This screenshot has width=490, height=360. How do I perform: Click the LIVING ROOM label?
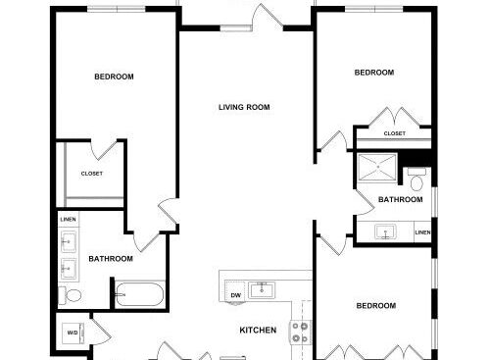tap(244, 107)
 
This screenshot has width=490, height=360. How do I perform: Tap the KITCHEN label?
tap(258, 330)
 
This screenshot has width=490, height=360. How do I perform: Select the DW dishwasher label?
tap(235, 295)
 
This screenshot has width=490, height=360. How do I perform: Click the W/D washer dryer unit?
tap(73, 334)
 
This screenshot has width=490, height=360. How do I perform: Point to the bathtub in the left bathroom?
tap(139, 294)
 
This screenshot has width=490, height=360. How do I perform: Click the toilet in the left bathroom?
tap(70, 295)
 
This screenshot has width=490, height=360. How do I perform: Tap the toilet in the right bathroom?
tap(416, 180)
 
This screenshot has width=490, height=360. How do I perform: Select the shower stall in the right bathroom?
tap(377, 167)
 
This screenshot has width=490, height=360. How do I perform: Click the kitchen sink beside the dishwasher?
tap(262, 290)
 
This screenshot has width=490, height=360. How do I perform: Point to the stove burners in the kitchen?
tap(300, 333)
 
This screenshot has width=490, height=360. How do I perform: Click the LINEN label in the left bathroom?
tap(68, 219)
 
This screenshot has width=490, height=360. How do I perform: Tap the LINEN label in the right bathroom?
tap(422, 232)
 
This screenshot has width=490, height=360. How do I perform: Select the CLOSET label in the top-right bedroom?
tap(395, 133)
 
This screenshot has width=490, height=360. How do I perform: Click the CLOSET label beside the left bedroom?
tap(92, 174)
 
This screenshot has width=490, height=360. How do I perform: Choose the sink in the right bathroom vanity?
tap(385, 231)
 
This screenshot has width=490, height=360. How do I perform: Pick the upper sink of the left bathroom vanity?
tap(69, 241)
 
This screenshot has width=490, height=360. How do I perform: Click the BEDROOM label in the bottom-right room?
tap(376, 306)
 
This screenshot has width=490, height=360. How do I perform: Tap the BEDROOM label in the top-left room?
tap(114, 77)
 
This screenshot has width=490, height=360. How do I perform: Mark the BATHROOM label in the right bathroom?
tap(401, 199)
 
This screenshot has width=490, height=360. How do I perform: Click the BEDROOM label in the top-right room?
tap(374, 73)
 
